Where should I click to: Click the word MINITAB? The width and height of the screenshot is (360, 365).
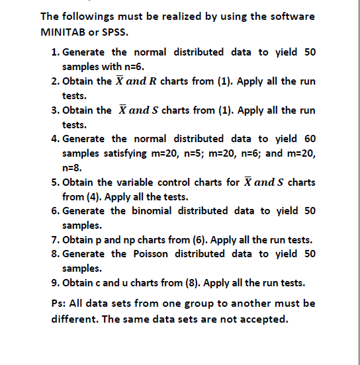point(62,31)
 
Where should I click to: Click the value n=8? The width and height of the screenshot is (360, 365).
point(70,167)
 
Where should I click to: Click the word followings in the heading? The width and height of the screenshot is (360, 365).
point(89,16)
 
